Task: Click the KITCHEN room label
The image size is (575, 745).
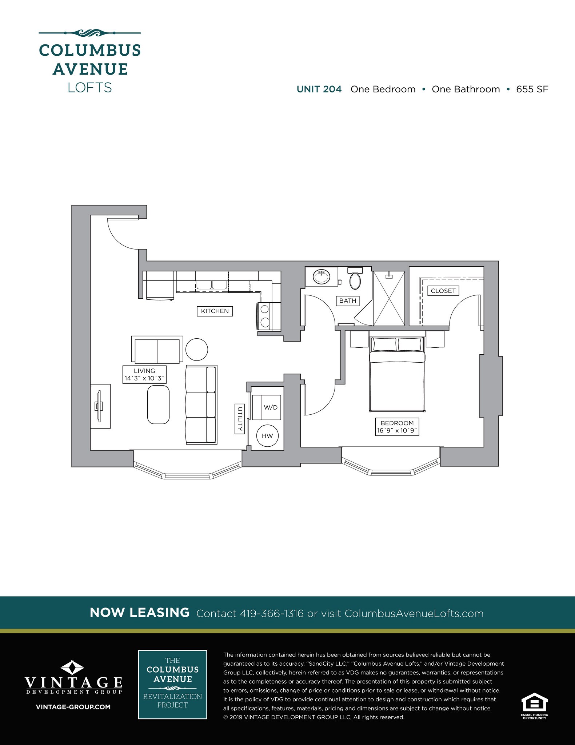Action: (215, 311)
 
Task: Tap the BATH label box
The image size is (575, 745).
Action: (347, 300)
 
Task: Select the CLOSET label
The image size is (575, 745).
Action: (443, 291)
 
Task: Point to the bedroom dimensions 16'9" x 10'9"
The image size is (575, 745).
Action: (397, 431)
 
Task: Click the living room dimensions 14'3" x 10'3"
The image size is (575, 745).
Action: (145, 378)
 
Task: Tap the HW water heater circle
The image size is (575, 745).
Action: (267, 436)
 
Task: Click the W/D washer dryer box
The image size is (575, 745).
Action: (271, 407)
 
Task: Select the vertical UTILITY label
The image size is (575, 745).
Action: (240, 419)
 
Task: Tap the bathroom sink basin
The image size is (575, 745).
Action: (322, 278)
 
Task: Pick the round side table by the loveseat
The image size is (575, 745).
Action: (197, 350)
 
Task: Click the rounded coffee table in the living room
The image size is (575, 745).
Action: (158, 405)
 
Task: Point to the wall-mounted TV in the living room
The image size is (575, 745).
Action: (99, 406)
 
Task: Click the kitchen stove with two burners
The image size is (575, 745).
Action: (265, 316)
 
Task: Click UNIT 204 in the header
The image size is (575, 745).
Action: (319, 89)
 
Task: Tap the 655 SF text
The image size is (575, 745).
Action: (532, 89)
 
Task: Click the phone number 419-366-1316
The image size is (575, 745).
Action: (272, 614)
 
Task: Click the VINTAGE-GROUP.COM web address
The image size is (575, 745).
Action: (73, 707)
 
